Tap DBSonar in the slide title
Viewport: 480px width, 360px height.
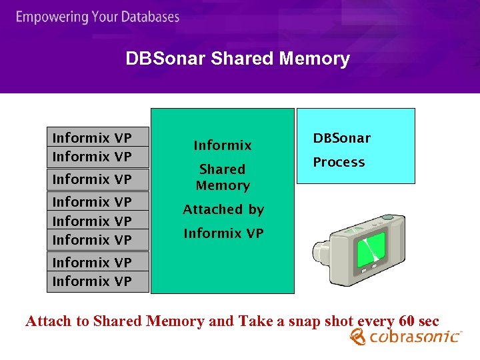tap(165, 59)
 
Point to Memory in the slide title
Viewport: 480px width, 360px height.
tap(315, 59)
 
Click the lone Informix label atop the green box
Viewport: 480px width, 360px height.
tap(222, 145)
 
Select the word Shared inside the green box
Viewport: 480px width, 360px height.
tap(222, 169)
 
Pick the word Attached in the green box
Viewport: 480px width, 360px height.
tap(208, 209)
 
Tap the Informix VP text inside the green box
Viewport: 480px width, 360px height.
tap(223, 233)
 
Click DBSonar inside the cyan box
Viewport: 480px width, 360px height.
tap(341, 139)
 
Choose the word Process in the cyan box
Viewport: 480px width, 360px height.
tap(339, 162)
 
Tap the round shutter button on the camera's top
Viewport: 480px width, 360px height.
tap(387, 218)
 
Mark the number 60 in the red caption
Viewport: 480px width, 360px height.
tap(407, 321)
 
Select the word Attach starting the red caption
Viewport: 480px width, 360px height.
tap(48, 321)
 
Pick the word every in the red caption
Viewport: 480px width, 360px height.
tap(375, 321)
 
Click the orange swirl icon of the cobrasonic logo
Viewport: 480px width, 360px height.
tap(358, 338)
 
